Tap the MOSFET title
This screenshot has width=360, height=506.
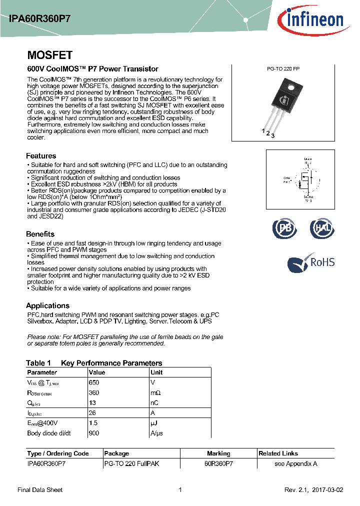(49, 55)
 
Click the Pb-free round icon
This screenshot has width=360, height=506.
(284, 229)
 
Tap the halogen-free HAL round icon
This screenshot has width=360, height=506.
(322, 229)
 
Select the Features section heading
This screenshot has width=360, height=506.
(41, 156)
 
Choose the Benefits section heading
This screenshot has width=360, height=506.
(40, 234)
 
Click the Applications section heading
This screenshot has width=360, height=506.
(47, 305)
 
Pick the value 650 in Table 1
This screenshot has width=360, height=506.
(93, 382)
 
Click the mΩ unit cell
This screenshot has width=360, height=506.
(156, 393)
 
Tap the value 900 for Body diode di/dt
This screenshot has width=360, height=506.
(93, 433)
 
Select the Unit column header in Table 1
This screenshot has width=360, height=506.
(156, 372)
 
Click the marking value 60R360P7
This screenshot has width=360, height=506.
(218, 463)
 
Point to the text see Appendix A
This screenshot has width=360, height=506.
(296, 463)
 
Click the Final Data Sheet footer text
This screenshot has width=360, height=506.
(40, 490)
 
